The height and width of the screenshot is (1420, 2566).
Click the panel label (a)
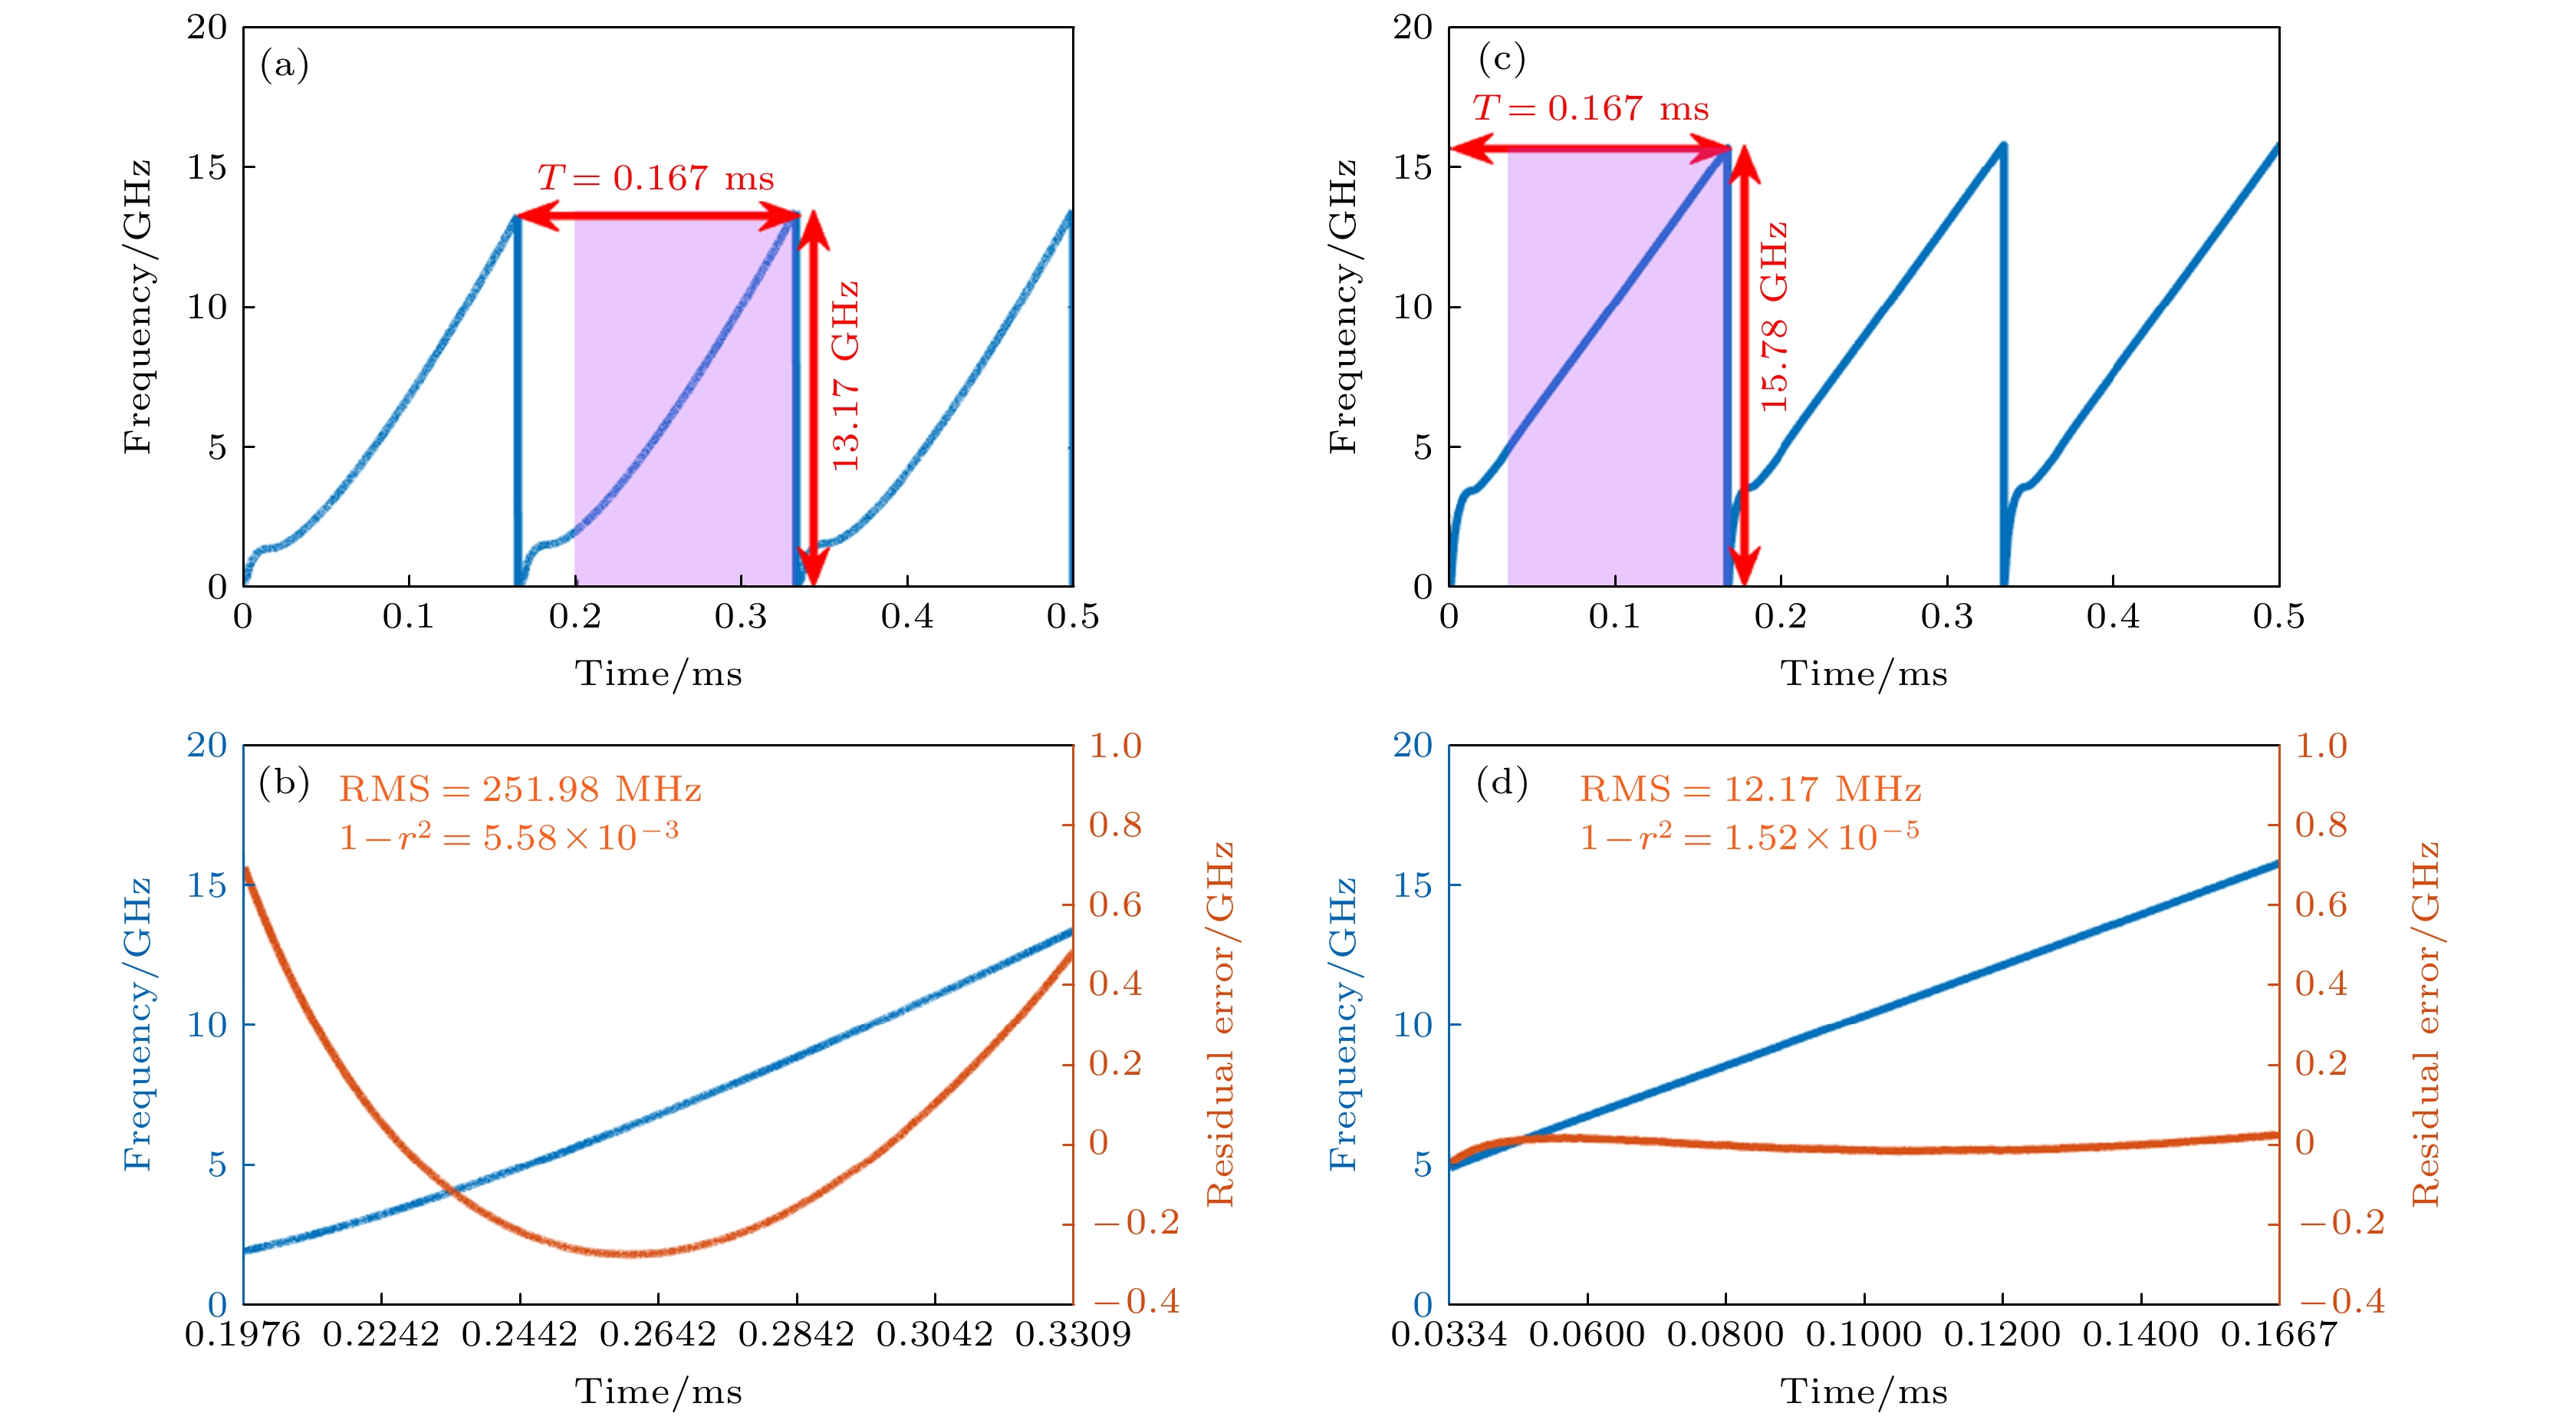[284, 66]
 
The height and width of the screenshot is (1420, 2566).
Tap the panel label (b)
[284, 782]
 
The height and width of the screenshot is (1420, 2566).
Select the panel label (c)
[1501, 59]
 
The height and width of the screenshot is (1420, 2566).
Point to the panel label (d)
[1501, 782]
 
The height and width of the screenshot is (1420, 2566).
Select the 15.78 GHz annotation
[1774, 317]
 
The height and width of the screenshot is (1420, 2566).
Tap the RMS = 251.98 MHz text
[520, 790]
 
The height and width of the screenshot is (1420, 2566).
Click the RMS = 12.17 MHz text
[1749, 790]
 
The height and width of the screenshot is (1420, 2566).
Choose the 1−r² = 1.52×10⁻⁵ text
[1749, 836]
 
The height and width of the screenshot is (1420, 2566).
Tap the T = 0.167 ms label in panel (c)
[1590, 107]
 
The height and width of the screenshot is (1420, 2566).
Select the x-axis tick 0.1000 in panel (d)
[1864, 1333]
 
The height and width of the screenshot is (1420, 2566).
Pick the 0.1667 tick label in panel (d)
[2278, 1333]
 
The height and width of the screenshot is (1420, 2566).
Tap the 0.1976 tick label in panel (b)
[242, 1333]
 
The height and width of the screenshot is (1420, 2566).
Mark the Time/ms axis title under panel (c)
[1864, 674]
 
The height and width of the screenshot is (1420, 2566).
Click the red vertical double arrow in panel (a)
[813, 399]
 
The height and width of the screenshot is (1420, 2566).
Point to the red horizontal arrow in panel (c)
[1590, 150]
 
